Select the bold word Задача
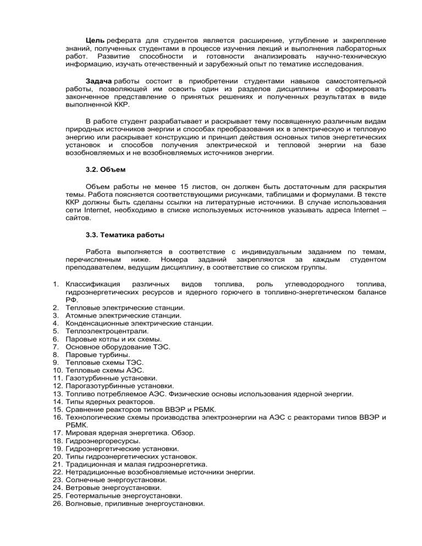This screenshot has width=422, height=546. click(x=99, y=80)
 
